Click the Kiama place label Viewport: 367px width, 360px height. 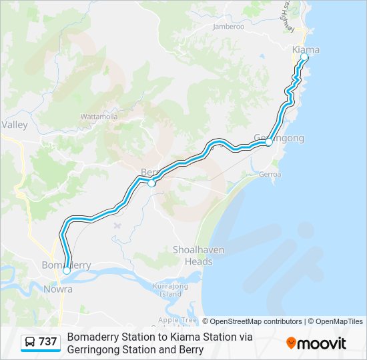coord(306,49)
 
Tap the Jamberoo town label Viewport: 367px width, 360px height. coord(228,27)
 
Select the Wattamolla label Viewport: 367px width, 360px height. coord(99,116)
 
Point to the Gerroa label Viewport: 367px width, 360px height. coord(270,173)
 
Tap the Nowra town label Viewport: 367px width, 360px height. coord(58,289)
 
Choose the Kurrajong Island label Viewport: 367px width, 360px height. coord(167,289)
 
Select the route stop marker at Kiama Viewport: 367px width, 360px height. coord(304,57)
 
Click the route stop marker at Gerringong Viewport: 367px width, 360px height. coord(268,142)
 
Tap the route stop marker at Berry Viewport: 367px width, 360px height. coord(151,183)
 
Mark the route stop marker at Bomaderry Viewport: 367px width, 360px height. coord(67,271)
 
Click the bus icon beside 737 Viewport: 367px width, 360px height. coord(31,343)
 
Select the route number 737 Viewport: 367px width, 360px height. coord(48,342)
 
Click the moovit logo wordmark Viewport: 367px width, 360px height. coord(322,343)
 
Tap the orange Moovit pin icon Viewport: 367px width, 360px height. coord(291,343)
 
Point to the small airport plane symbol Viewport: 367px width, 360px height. coord(119,224)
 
